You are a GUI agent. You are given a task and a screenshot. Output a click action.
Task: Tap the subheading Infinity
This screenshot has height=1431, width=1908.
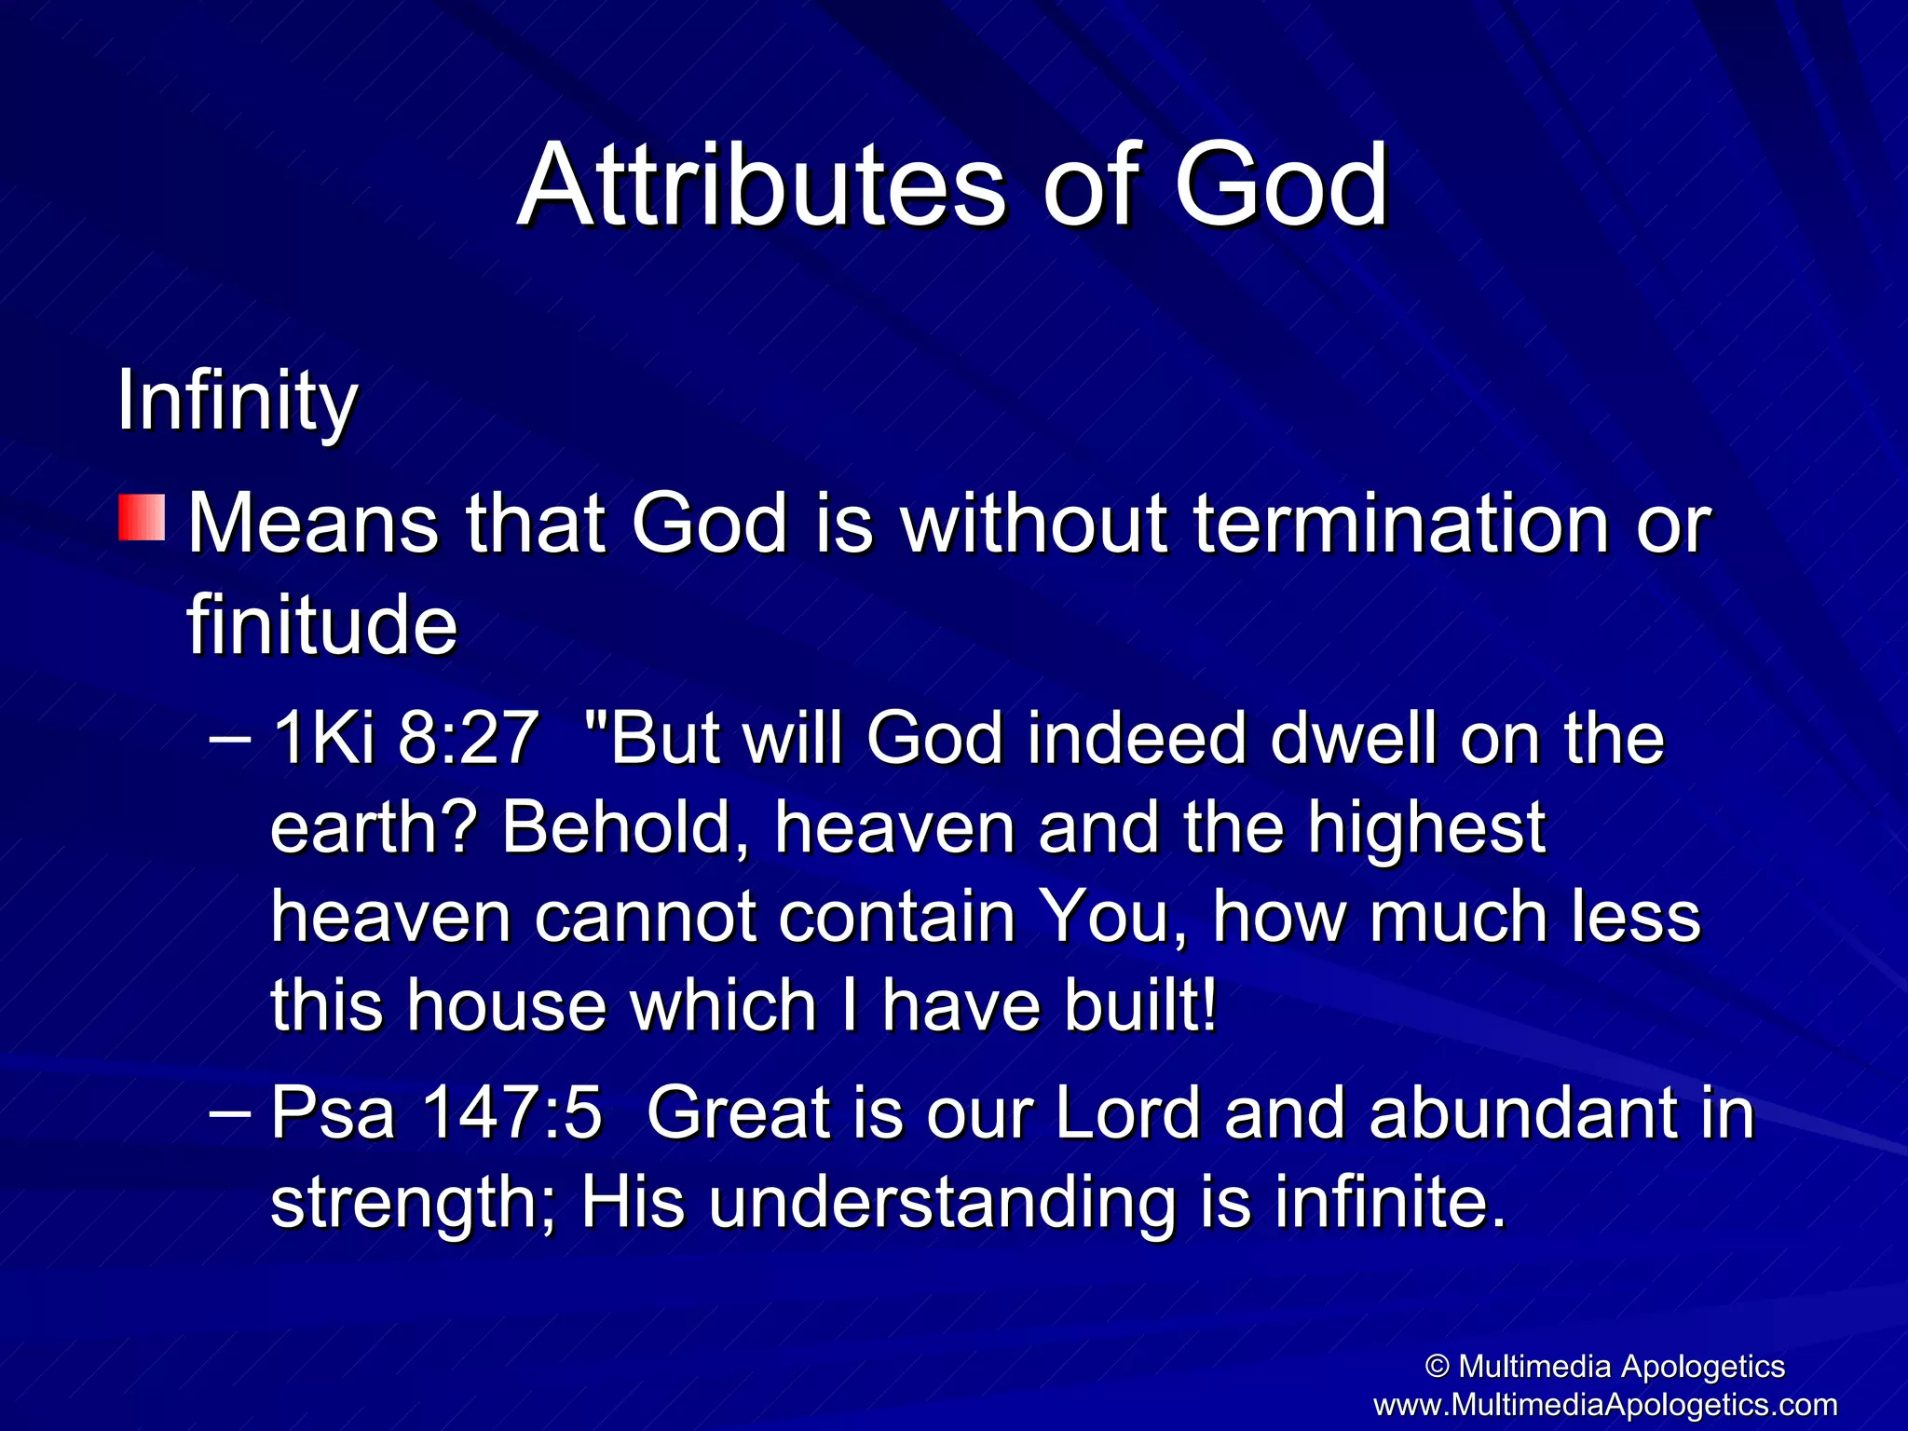(237, 402)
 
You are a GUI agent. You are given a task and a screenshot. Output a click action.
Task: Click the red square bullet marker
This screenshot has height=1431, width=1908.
(142, 518)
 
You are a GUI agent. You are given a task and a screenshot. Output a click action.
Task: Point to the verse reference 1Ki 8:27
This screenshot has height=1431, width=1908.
(405, 738)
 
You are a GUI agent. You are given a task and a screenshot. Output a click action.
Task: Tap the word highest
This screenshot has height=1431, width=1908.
(1425, 827)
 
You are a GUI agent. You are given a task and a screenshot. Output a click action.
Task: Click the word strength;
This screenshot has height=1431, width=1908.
(414, 1202)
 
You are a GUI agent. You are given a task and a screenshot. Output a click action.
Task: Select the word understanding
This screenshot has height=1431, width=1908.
(941, 1202)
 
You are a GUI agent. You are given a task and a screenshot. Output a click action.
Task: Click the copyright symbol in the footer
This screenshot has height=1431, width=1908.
(1438, 1367)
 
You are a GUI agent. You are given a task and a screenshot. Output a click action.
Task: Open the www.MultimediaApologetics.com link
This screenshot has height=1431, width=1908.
(1604, 1404)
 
